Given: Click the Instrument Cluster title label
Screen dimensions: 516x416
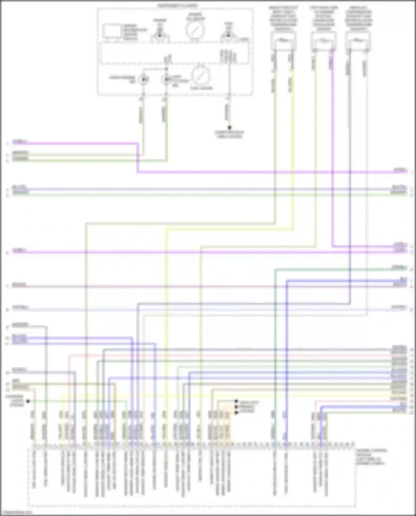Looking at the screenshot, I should click(x=178, y=6).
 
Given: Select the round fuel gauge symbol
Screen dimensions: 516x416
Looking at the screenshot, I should click(x=200, y=75).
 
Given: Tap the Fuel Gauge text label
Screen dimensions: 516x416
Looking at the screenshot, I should click(x=201, y=88).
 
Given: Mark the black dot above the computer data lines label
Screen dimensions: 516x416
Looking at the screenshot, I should click(x=230, y=128).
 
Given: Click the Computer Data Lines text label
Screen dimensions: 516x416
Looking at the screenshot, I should click(x=229, y=134).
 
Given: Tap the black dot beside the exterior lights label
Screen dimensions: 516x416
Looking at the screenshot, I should click(x=28, y=401).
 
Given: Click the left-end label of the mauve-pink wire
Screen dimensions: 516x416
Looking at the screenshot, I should click(x=19, y=285).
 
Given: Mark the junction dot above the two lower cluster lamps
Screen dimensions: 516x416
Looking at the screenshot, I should click(x=167, y=69).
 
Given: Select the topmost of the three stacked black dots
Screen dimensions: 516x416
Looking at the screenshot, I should click(x=236, y=401).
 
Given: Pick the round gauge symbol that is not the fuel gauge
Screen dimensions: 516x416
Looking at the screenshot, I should click(x=195, y=30).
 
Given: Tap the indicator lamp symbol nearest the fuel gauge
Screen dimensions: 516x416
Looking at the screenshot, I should click(x=166, y=80).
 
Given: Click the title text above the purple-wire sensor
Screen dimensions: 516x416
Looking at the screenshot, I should click(x=324, y=18).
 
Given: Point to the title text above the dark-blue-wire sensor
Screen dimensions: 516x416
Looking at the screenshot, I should click(x=359, y=18).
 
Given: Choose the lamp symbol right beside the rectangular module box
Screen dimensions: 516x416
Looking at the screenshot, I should click(x=159, y=35).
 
